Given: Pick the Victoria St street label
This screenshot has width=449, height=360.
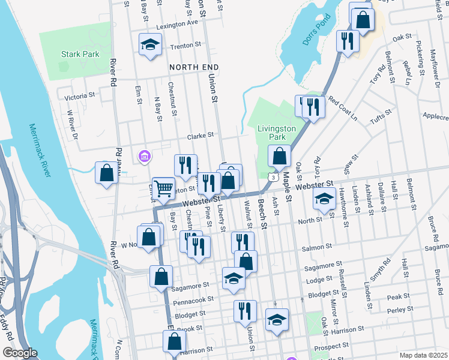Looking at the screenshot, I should [80, 95].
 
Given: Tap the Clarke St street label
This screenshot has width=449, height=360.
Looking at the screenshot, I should [200, 136].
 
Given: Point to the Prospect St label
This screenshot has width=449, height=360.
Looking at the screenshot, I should [335, 346].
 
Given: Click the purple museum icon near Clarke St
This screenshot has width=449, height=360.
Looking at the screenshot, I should [144, 157].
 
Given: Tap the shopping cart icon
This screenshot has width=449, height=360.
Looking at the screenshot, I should [163, 188].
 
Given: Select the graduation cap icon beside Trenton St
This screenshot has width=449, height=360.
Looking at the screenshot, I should [150, 44].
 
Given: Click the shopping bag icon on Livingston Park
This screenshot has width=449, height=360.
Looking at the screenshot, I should [280, 157].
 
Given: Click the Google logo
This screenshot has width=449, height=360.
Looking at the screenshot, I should [20, 353].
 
